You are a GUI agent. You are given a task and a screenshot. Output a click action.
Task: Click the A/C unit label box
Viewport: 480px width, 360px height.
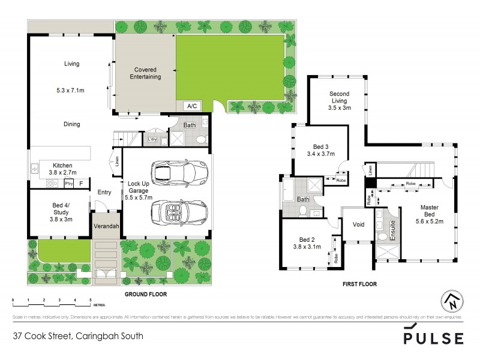click(x=192, y=106)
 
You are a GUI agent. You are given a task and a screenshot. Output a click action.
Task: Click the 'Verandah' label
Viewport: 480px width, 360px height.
click(x=106, y=226)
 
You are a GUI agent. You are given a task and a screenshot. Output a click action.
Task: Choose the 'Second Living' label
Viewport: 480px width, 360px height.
click(x=339, y=100)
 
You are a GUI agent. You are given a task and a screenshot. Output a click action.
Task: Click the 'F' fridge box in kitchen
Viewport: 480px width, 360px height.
click(x=82, y=182)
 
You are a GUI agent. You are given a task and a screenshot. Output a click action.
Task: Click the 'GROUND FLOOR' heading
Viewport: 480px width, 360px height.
click(x=145, y=295)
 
